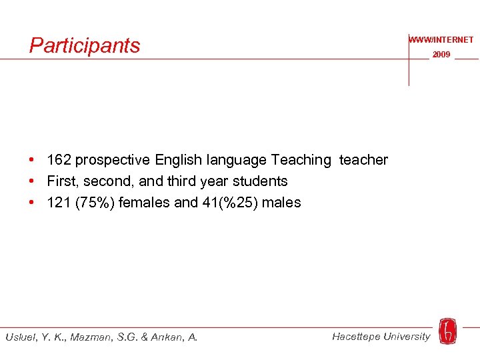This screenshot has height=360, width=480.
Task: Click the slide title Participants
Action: click(85, 45)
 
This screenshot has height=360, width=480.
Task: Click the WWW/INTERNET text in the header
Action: click(441, 40)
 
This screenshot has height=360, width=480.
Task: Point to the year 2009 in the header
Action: click(441, 55)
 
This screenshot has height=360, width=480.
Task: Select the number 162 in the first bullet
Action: click(59, 160)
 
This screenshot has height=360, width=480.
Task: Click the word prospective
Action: click(113, 160)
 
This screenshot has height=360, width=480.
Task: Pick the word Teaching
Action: click(300, 160)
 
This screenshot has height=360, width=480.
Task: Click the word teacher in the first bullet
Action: click(363, 160)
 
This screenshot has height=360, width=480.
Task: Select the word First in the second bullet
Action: click(61, 181)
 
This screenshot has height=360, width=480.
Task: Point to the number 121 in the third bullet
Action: click(59, 203)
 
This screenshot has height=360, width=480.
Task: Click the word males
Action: click(281, 203)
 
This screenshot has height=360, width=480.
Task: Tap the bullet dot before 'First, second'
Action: click(32, 181)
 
